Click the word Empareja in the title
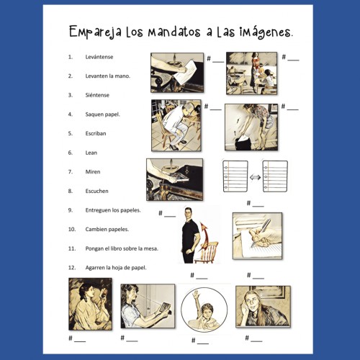96,32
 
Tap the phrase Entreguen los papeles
114,210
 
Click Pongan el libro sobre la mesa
123,248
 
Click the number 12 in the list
71,267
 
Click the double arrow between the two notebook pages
256,176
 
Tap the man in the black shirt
190,234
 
